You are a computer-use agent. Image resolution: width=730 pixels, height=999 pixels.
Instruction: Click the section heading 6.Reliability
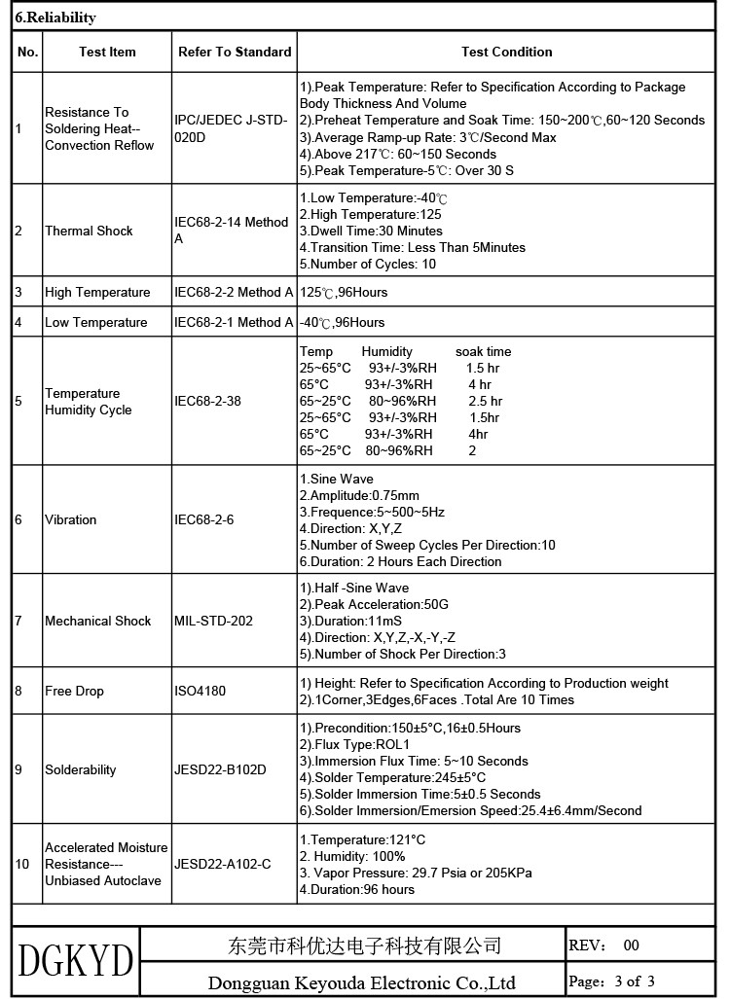point(55,18)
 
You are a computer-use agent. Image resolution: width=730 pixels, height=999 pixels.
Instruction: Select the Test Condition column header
point(506,52)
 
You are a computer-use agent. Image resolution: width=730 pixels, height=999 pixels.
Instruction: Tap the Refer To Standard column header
point(235,52)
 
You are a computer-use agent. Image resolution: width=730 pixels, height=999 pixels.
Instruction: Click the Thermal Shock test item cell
point(89,231)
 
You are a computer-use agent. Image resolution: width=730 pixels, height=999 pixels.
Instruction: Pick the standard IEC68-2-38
point(207,400)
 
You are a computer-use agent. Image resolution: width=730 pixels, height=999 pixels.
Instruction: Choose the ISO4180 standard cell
point(200,691)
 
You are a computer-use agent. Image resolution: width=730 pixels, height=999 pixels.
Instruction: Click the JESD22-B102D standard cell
point(220,769)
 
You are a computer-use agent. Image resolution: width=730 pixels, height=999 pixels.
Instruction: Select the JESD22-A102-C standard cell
point(222,864)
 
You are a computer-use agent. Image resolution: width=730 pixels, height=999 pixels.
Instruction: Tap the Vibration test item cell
point(70,519)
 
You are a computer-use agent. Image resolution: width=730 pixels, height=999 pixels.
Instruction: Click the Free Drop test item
point(74,691)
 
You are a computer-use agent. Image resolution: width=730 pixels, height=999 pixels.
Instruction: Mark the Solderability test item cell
point(80,769)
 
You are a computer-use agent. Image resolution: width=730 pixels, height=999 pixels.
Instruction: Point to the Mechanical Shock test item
point(97,621)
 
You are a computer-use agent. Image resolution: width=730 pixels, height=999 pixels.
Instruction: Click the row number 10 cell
point(22,864)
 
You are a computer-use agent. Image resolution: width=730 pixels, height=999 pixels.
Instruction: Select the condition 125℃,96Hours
point(343,292)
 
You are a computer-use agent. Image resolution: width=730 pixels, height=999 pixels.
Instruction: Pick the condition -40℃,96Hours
point(342,322)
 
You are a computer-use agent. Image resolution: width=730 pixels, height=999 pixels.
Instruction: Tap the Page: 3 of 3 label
point(611,981)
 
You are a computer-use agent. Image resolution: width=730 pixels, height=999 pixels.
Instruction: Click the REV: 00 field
point(603,945)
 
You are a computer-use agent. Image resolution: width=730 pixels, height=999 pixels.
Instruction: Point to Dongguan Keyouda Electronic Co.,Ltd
point(361,982)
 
